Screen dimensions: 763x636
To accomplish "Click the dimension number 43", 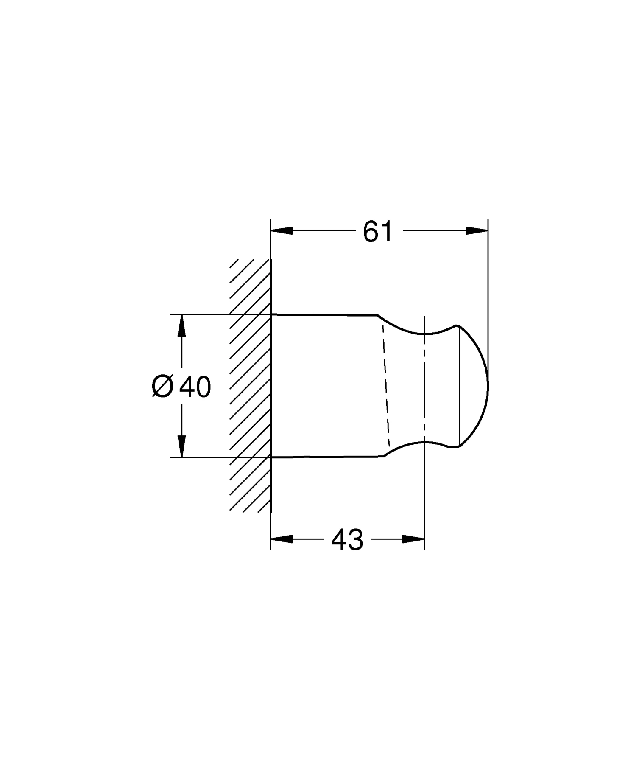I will pos(347,540).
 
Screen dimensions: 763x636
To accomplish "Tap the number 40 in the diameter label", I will pos(195,387).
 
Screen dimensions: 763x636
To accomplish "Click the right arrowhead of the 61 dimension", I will pos(477,230).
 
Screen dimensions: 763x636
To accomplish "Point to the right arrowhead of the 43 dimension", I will pos(413,539).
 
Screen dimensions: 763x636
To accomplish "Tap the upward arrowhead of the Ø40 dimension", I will pos(181,325).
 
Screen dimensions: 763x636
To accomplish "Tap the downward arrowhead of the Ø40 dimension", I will pos(181,446).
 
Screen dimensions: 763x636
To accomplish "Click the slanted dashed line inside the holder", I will pos(385,386).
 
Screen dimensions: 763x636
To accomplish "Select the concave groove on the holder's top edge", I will pos(424,333).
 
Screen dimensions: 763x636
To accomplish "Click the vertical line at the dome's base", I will pos(460,386).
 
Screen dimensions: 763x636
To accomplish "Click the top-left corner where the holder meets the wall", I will pos(271,314).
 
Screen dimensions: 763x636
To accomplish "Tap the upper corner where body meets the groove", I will pos(377,315).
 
